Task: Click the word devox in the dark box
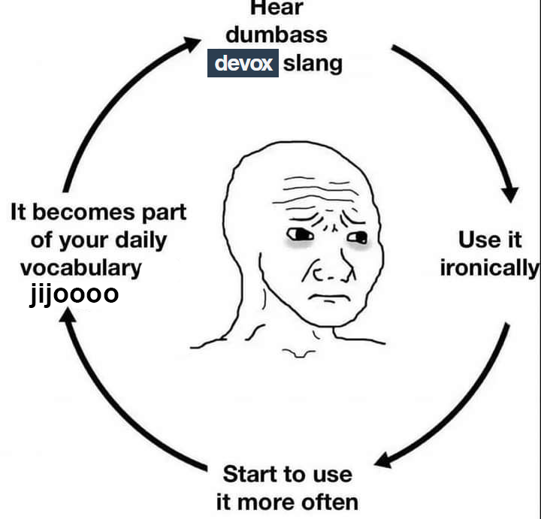click(243, 64)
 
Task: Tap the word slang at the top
click(312, 64)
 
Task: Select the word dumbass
click(276, 35)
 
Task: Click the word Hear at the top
click(276, 8)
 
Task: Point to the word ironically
click(489, 268)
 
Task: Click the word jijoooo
click(74, 294)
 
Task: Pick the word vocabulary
click(80, 267)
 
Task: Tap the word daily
click(141, 240)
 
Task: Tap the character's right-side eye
click(357, 239)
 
